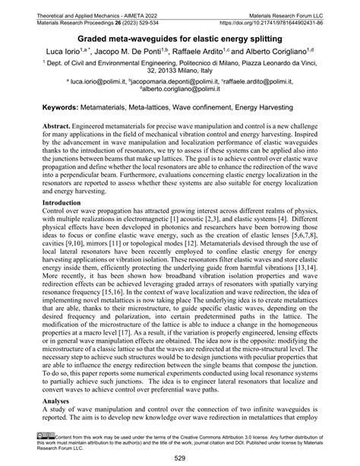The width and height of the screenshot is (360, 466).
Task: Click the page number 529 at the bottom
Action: tap(180, 456)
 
